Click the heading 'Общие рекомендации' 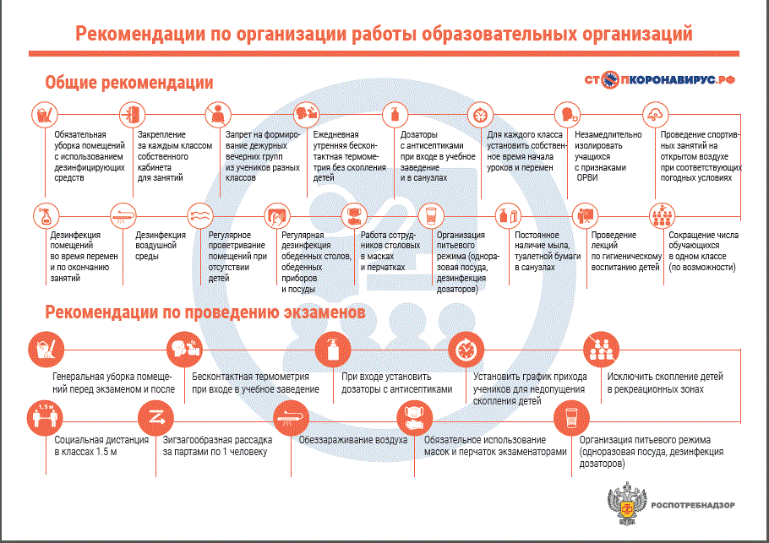pyautogui.click(x=128, y=83)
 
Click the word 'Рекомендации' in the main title pyautogui.click(x=134, y=34)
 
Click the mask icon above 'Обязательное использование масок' pyautogui.click(x=414, y=415)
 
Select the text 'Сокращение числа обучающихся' pyautogui.click(x=704, y=251)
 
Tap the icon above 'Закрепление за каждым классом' pyautogui.click(x=129, y=113)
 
